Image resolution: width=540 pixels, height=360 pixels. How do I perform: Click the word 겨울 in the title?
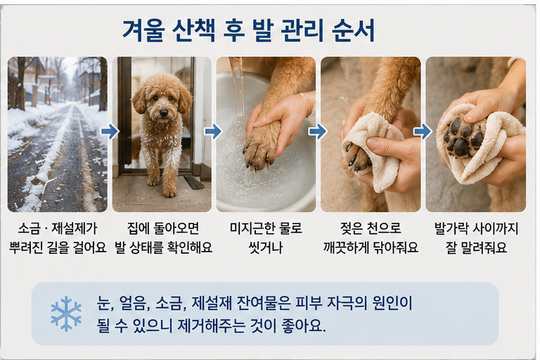point(143,30)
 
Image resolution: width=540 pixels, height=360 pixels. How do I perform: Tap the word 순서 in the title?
point(353,30)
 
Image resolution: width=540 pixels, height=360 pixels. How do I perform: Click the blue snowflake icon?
point(66,314)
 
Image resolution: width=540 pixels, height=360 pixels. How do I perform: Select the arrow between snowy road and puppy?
point(110,131)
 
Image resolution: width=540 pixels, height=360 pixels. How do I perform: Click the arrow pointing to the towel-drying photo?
point(423,131)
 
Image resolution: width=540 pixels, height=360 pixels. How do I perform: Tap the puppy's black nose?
point(164,112)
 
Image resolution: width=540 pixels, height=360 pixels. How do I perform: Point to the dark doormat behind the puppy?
point(194,182)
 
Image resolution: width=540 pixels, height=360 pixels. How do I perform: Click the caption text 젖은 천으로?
point(371,229)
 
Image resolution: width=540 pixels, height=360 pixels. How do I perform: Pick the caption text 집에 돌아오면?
point(163,229)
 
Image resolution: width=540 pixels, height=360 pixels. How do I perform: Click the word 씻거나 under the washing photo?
point(266,247)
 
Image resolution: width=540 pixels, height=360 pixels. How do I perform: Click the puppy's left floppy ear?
point(139,99)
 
